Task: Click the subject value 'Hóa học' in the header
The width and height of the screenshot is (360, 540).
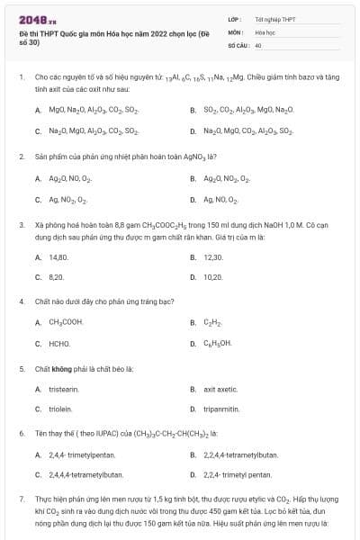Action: click(x=265, y=31)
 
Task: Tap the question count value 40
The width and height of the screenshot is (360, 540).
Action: click(x=258, y=44)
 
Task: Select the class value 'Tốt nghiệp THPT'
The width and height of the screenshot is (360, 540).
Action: click(x=275, y=18)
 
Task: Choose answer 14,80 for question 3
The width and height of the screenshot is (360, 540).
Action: click(x=58, y=256)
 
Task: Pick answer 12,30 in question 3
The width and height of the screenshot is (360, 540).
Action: click(x=213, y=256)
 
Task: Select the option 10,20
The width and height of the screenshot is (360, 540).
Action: click(x=213, y=277)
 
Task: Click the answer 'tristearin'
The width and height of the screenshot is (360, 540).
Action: click(x=64, y=389)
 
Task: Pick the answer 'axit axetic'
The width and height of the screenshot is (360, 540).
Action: click(x=221, y=389)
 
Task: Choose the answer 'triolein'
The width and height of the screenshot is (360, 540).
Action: click(x=60, y=409)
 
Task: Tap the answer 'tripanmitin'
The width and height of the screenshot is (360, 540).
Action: click(x=222, y=409)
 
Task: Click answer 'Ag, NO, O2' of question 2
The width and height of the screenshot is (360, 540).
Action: click(x=220, y=198)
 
